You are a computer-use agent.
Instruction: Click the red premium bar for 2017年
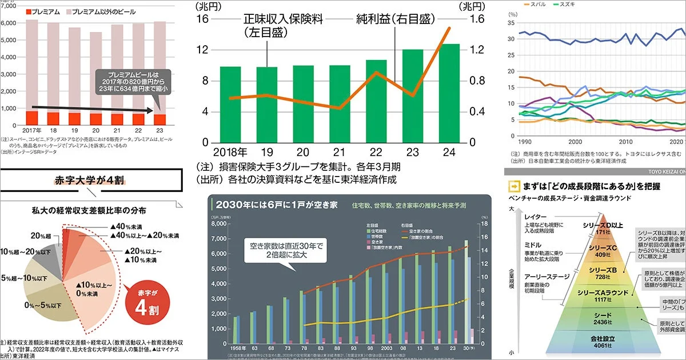point(33,118)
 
